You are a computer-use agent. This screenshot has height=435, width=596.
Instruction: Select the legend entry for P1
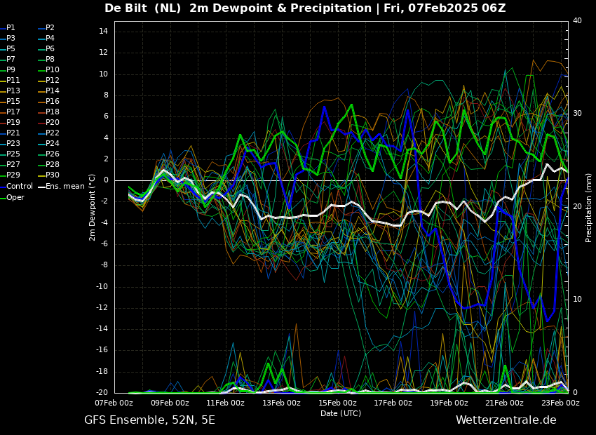11,27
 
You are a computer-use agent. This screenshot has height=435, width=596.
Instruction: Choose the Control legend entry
20,186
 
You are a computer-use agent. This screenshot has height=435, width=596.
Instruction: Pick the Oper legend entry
15,197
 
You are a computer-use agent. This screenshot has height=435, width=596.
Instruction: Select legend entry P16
53,101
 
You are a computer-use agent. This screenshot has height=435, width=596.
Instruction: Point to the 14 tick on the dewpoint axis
102,32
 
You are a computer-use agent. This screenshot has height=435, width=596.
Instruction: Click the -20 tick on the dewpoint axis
101,392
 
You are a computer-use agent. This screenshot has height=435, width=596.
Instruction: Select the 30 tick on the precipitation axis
578,113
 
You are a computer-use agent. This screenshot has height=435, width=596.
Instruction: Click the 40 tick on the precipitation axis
578,21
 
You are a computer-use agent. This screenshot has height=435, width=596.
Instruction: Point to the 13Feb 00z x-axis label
281,403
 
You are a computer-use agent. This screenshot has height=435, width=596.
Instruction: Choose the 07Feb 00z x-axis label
114,403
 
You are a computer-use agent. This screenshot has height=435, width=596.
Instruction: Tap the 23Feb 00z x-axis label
560,403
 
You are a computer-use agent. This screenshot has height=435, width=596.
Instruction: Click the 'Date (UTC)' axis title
341,413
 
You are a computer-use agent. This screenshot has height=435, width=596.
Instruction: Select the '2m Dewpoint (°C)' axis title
93,207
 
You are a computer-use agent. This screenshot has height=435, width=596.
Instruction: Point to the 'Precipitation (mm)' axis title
589,207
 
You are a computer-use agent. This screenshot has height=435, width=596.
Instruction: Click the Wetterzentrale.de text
506,420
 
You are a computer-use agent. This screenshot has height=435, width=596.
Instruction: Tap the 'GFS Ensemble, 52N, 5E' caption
149,420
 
